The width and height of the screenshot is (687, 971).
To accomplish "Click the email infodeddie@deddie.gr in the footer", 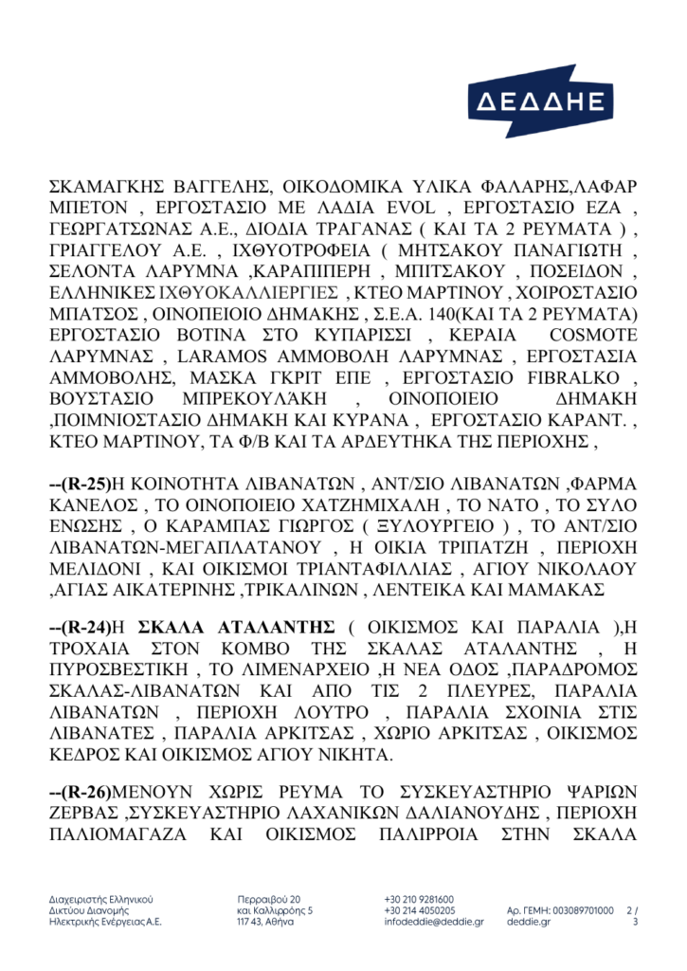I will [434, 921].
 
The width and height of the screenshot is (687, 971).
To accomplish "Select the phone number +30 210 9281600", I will [419, 898].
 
